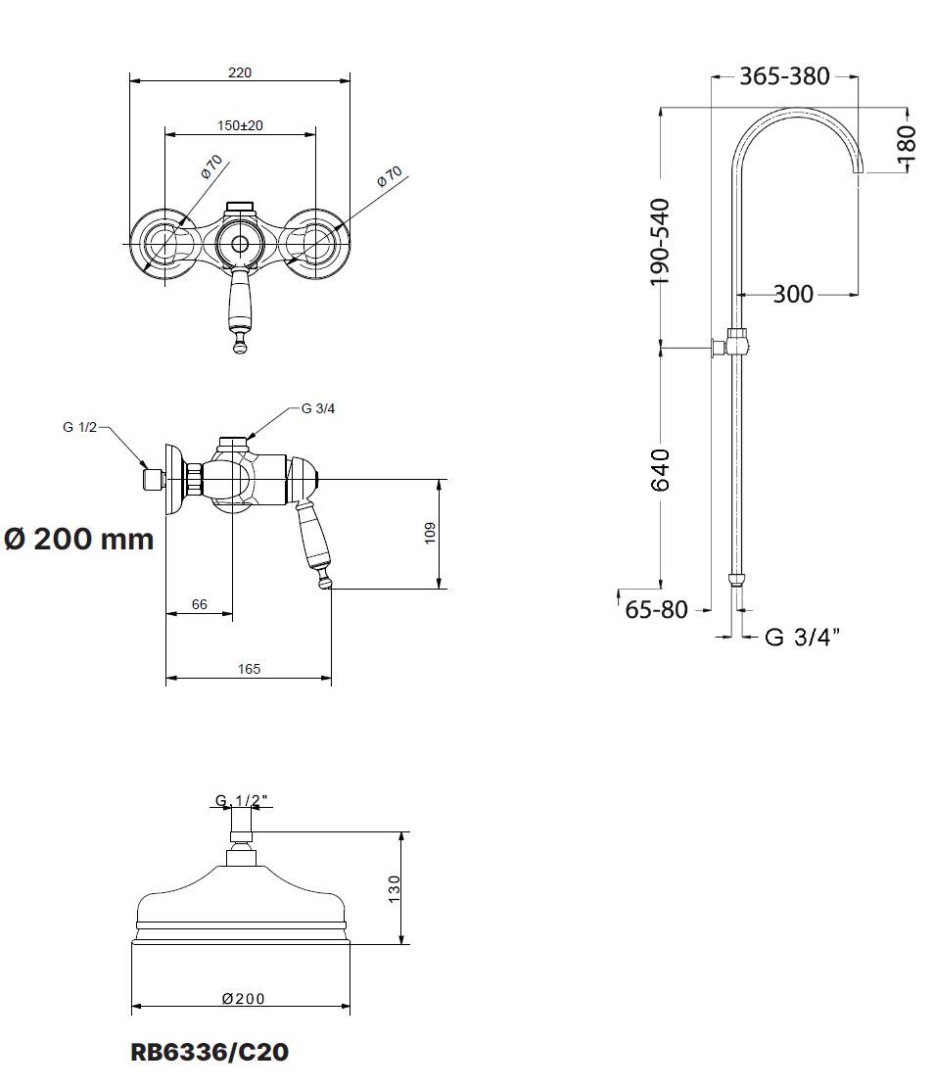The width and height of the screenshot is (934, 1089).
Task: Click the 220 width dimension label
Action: (240, 72)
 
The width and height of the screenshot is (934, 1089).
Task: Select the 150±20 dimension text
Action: (240, 125)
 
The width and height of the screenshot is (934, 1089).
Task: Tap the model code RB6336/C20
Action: (209, 1052)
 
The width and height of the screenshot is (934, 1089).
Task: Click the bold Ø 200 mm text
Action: (78, 539)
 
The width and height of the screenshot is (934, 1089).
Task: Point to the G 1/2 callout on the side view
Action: (80, 427)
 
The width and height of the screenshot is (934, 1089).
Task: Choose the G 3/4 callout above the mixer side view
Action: (318, 409)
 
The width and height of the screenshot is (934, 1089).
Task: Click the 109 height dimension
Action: (430, 533)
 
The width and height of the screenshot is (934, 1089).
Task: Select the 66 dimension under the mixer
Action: (200, 604)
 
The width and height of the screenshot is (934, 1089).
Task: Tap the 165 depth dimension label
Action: (249, 669)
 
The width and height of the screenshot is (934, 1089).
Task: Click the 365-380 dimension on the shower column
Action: (784, 75)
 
